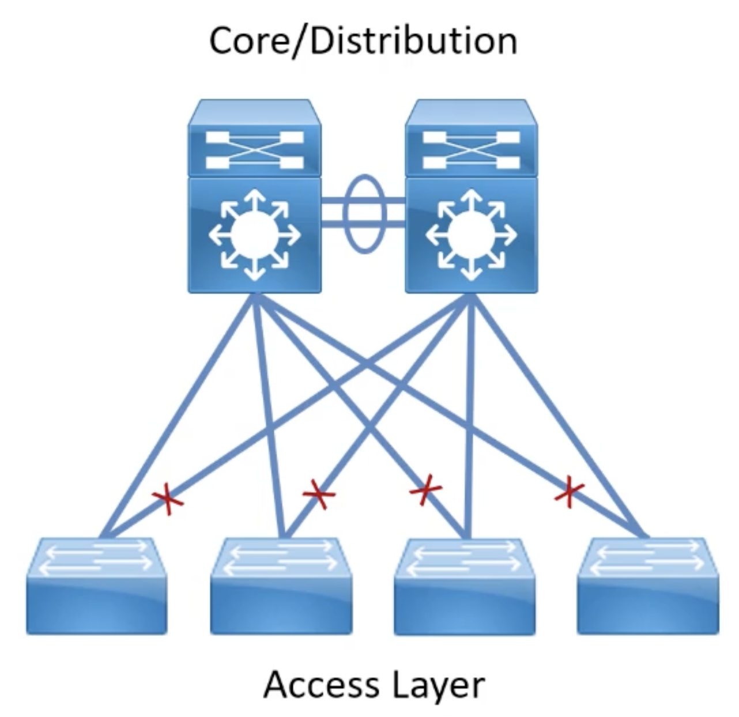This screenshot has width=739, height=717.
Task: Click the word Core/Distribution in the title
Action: [x=363, y=41]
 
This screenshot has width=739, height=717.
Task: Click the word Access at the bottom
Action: [x=319, y=685]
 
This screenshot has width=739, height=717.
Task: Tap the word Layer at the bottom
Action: [x=439, y=686]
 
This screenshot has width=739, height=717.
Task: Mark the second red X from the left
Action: [x=318, y=494]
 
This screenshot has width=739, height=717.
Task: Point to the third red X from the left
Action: [x=425, y=490]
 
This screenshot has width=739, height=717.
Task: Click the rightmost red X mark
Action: [x=570, y=492]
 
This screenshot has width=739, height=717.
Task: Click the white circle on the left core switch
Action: [x=254, y=235]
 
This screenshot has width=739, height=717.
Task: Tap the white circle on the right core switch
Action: [x=471, y=235]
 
